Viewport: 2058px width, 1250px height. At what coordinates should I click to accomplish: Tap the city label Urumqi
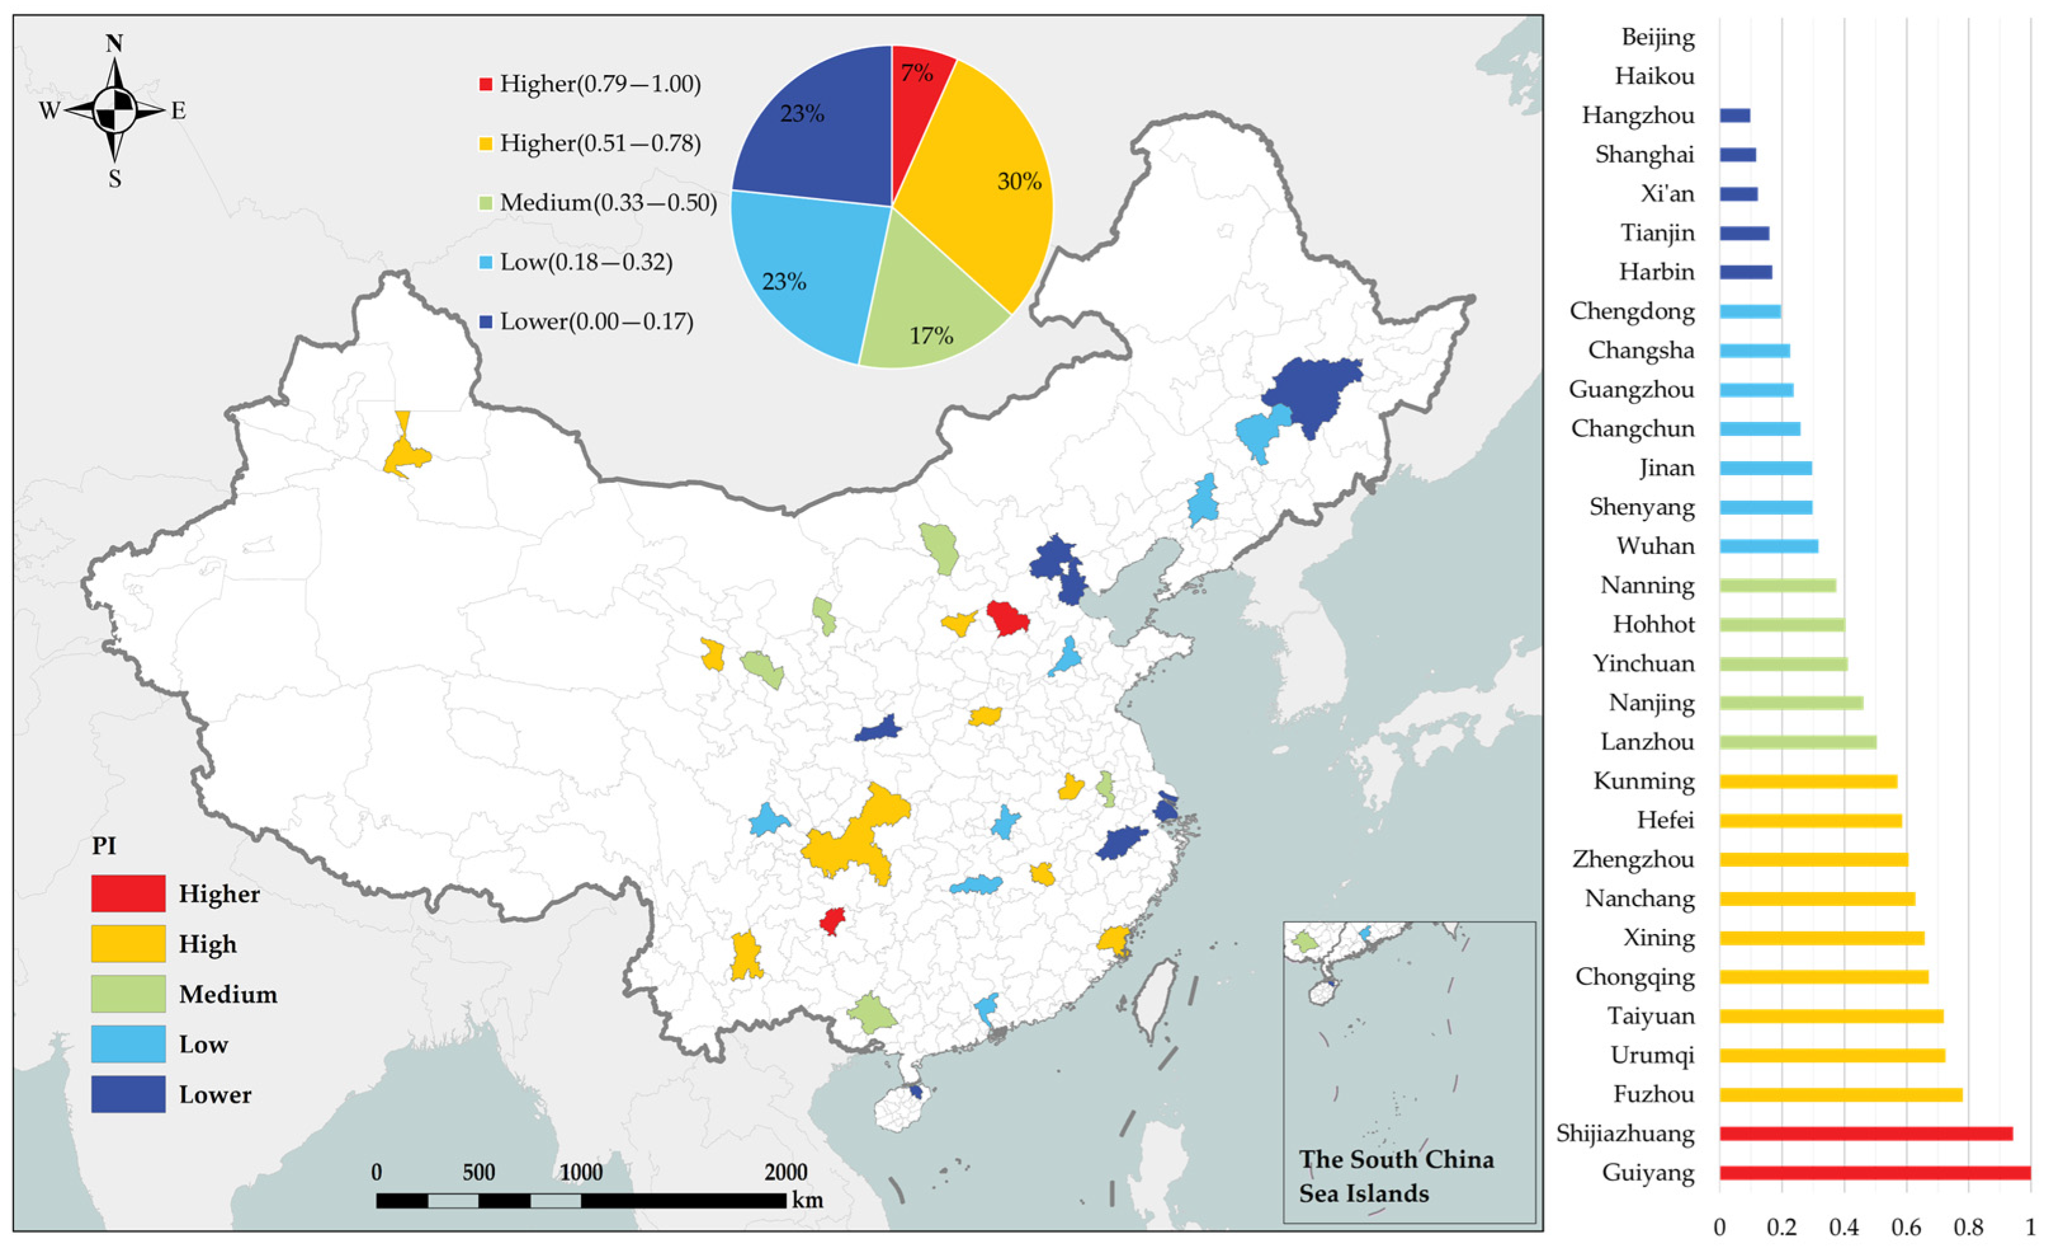pyautogui.click(x=1652, y=1056)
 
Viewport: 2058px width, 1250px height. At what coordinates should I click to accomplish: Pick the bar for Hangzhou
pyautogui.click(x=1735, y=115)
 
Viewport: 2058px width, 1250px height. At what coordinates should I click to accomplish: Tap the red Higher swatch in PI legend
pyautogui.click(x=127, y=893)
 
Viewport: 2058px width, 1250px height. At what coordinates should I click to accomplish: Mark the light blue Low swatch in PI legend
pyautogui.click(x=127, y=1044)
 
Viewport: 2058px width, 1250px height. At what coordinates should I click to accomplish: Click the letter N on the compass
pyautogui.click(x=114, y=43)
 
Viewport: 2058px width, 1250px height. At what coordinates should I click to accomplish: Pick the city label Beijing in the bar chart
pyautogui.click(x=1657, y=37)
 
